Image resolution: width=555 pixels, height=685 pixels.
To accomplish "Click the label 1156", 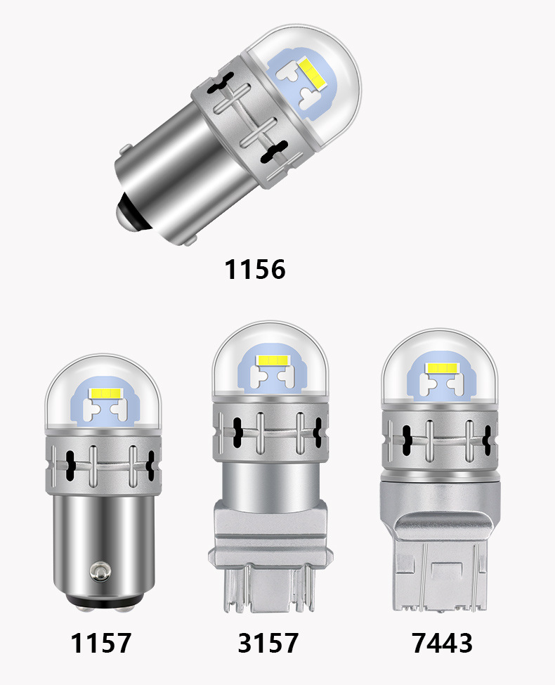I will [255, 269].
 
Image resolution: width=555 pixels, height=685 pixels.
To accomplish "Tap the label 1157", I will [100, 641].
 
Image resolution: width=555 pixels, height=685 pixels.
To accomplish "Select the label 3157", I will [268, 641].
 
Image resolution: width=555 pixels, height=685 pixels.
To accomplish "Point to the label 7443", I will [442, 641].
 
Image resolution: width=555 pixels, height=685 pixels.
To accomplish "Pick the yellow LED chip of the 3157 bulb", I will [271, 360].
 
